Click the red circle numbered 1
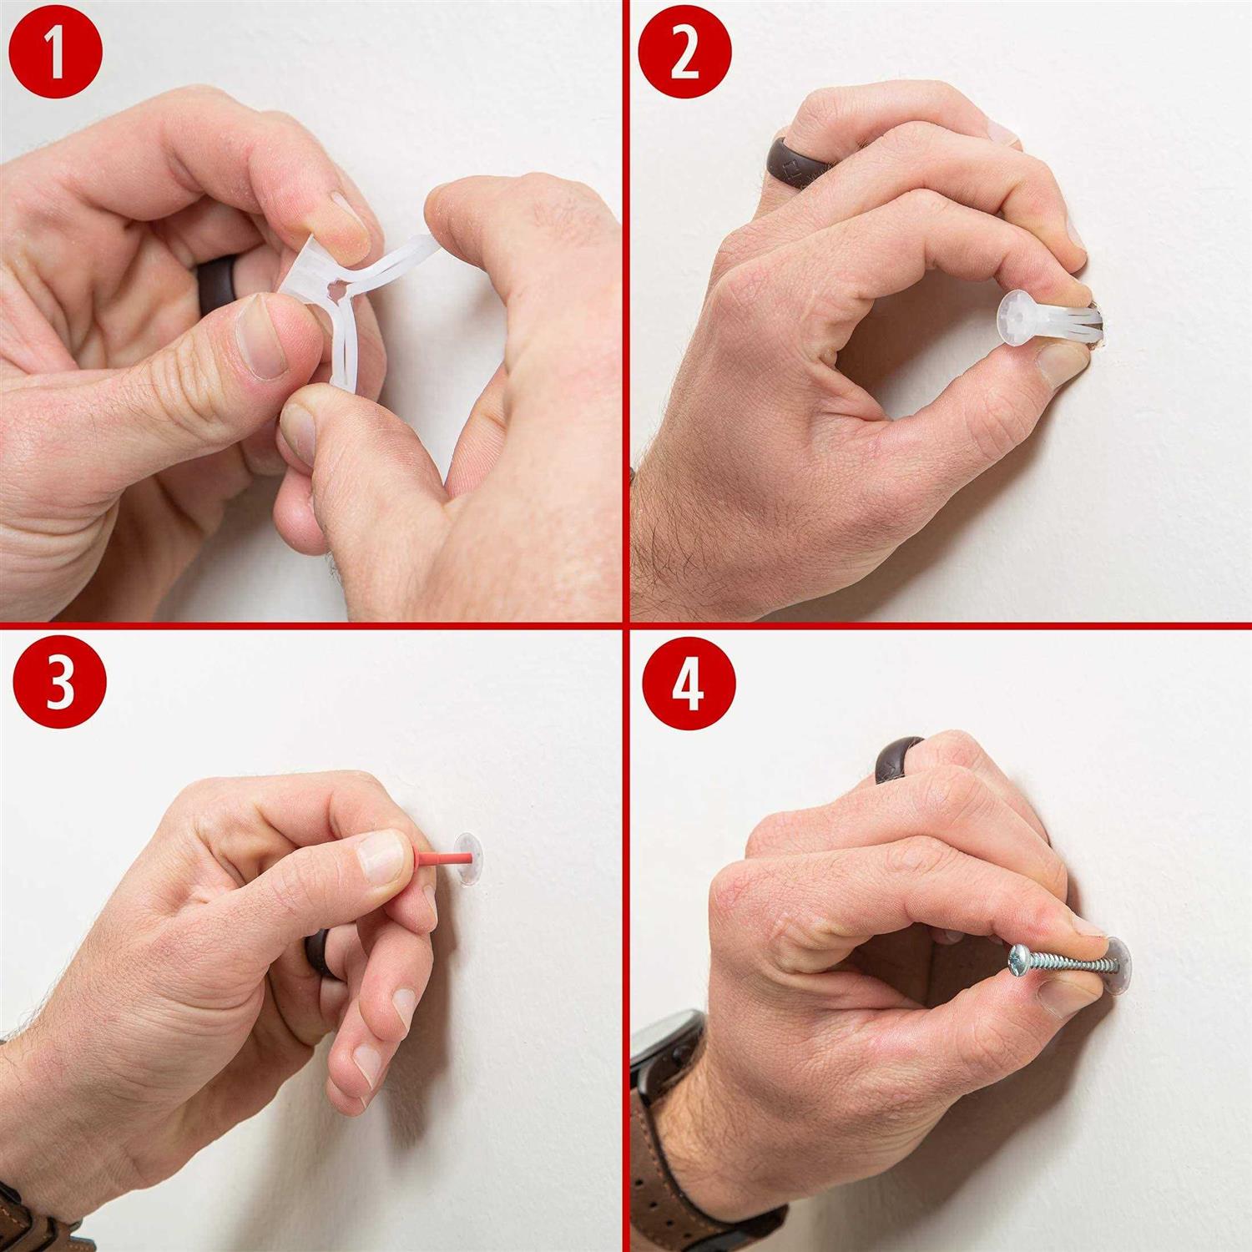(x=55, y=56)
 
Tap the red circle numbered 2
(x=684, y=56)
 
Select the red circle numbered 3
(x=60, y=683)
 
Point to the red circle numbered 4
(x=689, y=684)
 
